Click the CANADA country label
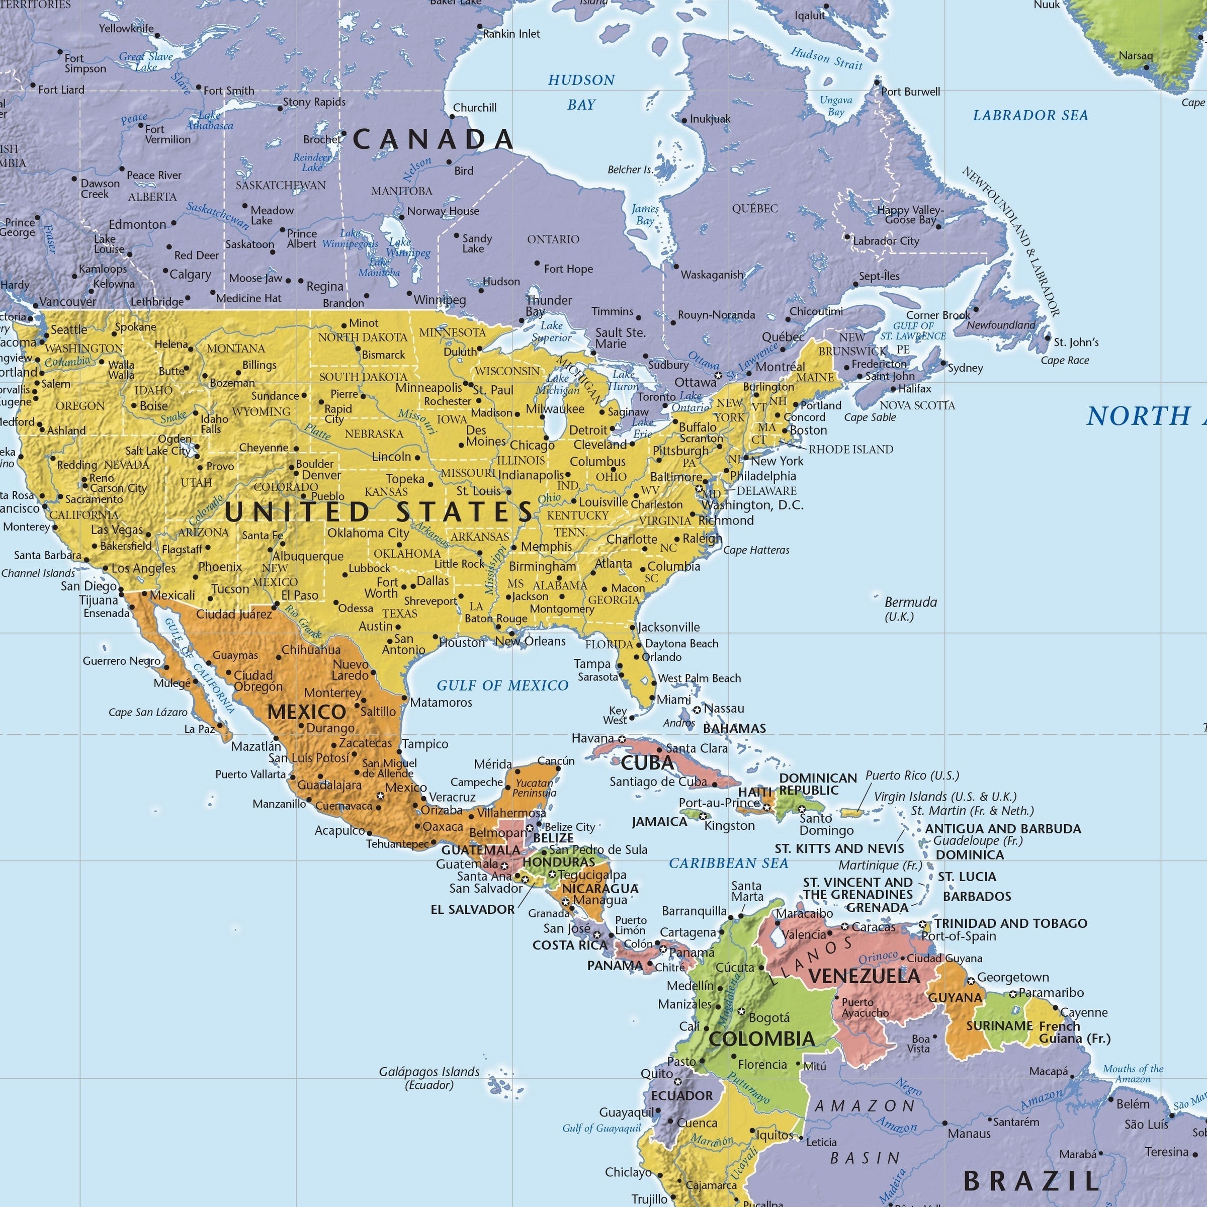433,139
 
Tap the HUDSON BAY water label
581,92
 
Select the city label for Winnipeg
440,300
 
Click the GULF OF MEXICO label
502,685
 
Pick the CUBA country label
647,763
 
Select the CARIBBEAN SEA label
728,864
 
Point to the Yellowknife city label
126,28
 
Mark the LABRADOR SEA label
1030,116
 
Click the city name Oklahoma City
368,533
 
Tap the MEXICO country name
306,712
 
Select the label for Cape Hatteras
756,550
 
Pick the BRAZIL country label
1031,1181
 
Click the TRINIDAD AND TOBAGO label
1010,923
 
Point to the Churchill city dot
452,117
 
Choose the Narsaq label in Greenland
1135,56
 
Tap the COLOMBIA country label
761,1039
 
